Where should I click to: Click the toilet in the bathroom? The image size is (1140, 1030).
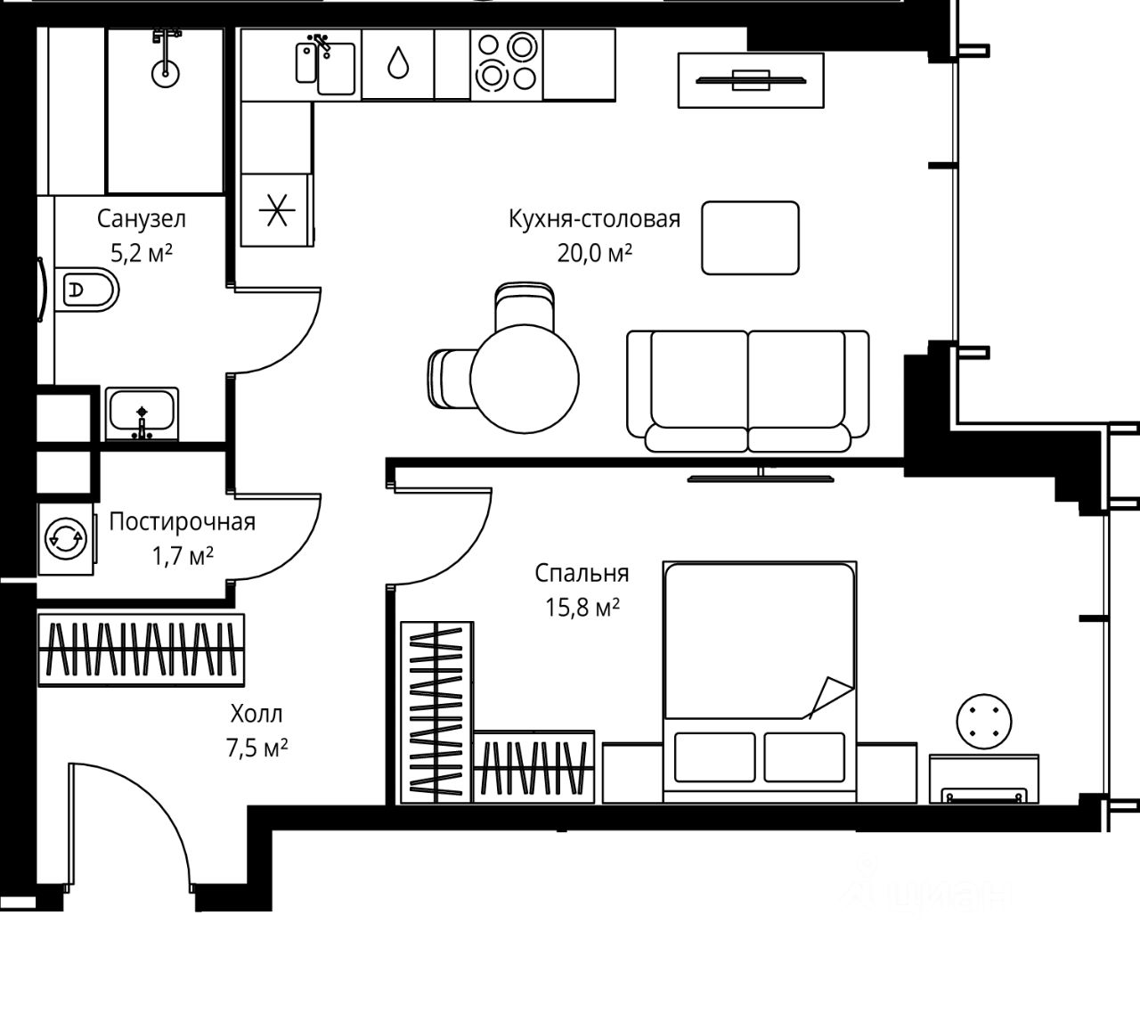click(x=87, y=290)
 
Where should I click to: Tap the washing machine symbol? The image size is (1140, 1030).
click(x=66, y=538)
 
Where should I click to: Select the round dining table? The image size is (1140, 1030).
click(x=525, y=379)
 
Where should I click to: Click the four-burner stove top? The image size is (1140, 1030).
click(x=507, y=64)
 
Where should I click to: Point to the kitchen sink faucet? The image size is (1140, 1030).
click(x=322, y=45)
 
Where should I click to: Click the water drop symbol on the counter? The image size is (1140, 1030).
click(x=398, y=62)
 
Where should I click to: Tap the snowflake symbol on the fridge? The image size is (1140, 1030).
click(x=277, y=210)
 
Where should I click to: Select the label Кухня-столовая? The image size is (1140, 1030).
click(x=594, y=219)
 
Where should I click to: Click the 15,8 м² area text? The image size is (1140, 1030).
click(x=582, y=608)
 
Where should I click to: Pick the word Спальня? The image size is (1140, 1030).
click(x=582, y=573)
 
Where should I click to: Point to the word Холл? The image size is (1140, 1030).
click(x=256, y=713)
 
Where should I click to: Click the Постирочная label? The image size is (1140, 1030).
click(x=183, y=521)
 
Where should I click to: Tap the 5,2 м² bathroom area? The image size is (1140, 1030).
click(x=142, y=253)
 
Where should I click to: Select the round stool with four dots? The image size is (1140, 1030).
click(x=984, y=721)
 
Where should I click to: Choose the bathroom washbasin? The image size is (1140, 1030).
click(x=142, y=413)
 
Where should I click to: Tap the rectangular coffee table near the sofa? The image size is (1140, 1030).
click(x=750, y=238)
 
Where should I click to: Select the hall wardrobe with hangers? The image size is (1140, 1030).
click(x=142, y=650)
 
